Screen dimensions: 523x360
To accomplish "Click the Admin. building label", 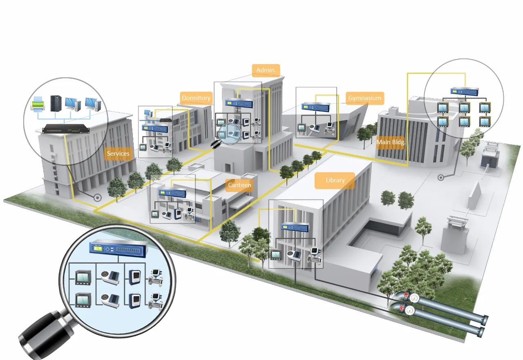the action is [x=266, y=70].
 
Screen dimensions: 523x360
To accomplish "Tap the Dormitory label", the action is [x=197, y=98].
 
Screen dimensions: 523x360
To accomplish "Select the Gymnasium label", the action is [x=365, y=98].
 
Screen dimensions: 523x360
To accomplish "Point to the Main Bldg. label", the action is [x=391, y=142].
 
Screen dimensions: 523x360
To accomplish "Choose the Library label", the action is [x=335, y=181].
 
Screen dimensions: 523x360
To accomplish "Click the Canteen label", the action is [x=239, y=185].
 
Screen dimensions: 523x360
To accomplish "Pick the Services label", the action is [x=118, y=154].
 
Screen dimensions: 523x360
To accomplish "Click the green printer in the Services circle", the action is [x=38, y=104].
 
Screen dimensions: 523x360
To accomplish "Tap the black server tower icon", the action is [x=56, y=103].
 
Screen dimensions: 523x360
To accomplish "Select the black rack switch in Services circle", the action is [x=66, y=129].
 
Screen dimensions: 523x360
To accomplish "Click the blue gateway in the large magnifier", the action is [x=118, y=248].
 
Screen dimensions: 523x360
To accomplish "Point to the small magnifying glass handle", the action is [x=215, y=144].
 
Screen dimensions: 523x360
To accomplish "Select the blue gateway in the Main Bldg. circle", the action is [x=465, y=91].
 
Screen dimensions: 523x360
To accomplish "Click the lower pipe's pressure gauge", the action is [x=410, y=311].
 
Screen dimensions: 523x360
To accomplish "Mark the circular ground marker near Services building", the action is [x=98, y=198].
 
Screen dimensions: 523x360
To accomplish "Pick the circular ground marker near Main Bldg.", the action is [x=440, y=178].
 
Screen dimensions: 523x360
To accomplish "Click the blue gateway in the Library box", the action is [x=295, y=227].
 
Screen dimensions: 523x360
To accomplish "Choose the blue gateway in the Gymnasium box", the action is [x=315, y=107].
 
